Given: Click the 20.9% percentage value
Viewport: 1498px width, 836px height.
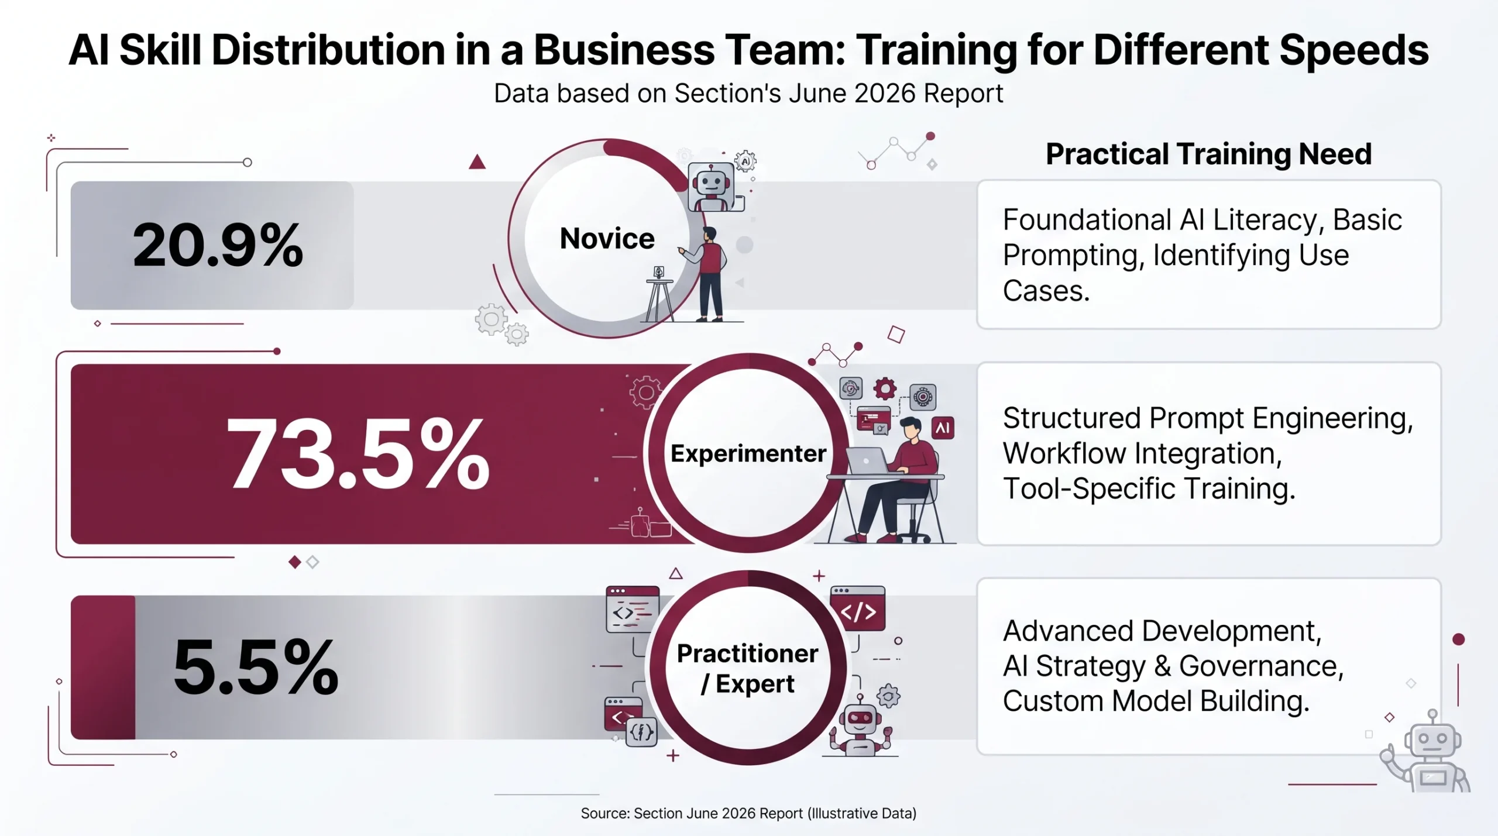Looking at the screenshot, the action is [218, 245].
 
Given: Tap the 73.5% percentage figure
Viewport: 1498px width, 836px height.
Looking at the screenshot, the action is [358, 454].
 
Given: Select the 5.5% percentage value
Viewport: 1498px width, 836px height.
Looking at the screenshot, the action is [256, 667].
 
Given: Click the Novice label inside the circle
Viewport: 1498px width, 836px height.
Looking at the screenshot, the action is [607, 238].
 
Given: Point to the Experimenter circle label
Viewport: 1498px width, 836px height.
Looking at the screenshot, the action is [748, 453].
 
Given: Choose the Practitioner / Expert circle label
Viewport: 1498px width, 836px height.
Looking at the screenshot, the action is [748, 668].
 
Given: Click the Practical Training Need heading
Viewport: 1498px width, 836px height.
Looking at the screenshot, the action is [1208, 154].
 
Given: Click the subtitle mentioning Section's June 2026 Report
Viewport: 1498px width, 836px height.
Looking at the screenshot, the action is [748, 94].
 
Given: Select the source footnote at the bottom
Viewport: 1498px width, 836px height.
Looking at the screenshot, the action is [748, 813].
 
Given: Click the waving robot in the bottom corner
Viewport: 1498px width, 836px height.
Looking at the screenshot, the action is [1427, 752].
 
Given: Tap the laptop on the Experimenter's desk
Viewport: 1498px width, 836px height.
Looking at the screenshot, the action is [867, 461].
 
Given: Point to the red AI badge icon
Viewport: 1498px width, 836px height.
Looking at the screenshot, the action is [942, 428].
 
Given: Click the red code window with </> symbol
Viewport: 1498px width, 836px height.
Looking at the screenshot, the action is [858, 609].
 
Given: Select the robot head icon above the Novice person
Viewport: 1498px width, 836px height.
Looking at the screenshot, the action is [711, 186].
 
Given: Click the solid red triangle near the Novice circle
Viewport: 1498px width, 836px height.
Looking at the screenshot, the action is [477, 161].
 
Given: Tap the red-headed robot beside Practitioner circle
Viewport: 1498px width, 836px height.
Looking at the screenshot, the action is [860, 725].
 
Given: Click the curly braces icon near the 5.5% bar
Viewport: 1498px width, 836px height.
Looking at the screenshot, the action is [641, 732].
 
